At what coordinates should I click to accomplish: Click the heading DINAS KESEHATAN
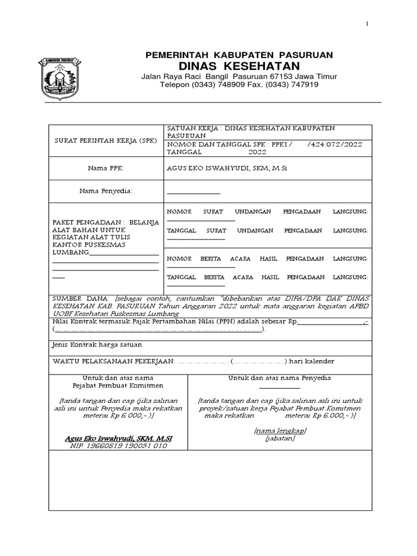pyautogui.click(x=239, y=66)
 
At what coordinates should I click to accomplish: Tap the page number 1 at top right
pyautogui.click(x=368, y=24)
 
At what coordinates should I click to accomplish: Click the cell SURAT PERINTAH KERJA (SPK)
pyautogui.click(x=106, y=140)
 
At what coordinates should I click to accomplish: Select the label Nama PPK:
pyautogui.click(x=106, y=168)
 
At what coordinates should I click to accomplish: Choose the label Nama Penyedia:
pyautogui.click(x=106, y=191)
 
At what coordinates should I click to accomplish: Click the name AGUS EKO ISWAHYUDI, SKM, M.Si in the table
pyautogui.click(x=226, y=168)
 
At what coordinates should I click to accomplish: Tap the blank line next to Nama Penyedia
pyautogui.click(x=193, y=193)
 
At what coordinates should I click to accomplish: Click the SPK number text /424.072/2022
pyautogui.click(x=334, y=144)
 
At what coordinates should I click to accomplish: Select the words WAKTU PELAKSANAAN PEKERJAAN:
pyautogui.click(x=113, y=361)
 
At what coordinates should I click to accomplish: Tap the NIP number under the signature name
pyautogui.click(x=118, y=445)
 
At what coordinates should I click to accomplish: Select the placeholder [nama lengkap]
pyautogui.click(x=280, y=430)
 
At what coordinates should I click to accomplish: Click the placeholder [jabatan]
pyautogui.click(x=280, y=438)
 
